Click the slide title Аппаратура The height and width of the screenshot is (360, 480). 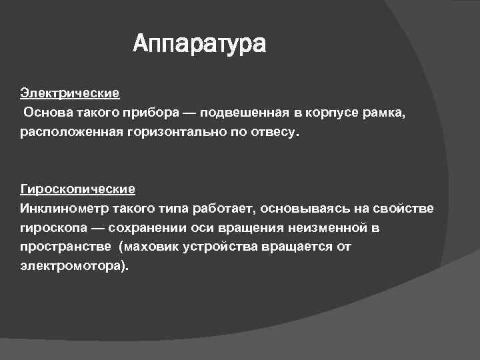[199, 45]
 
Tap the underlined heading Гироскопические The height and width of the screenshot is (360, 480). [77, 190]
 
